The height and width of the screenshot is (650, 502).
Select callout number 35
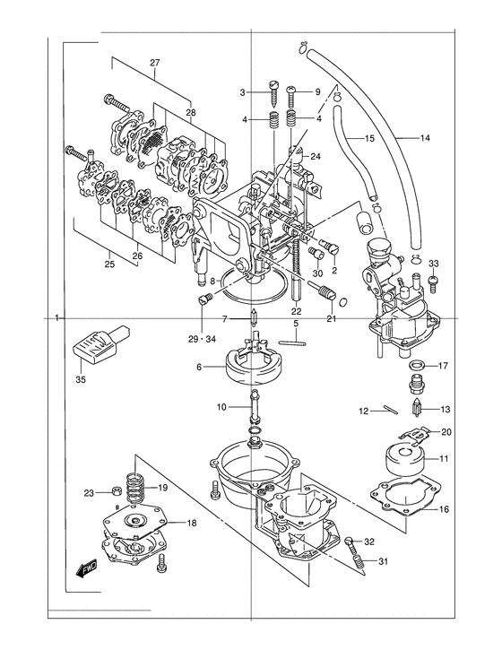(81, 379)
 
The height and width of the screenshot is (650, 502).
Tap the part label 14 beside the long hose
(425, 138)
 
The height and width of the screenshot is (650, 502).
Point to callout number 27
(154, 63)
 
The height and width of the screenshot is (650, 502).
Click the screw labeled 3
(274, 94)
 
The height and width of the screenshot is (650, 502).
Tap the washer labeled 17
(417, 366)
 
